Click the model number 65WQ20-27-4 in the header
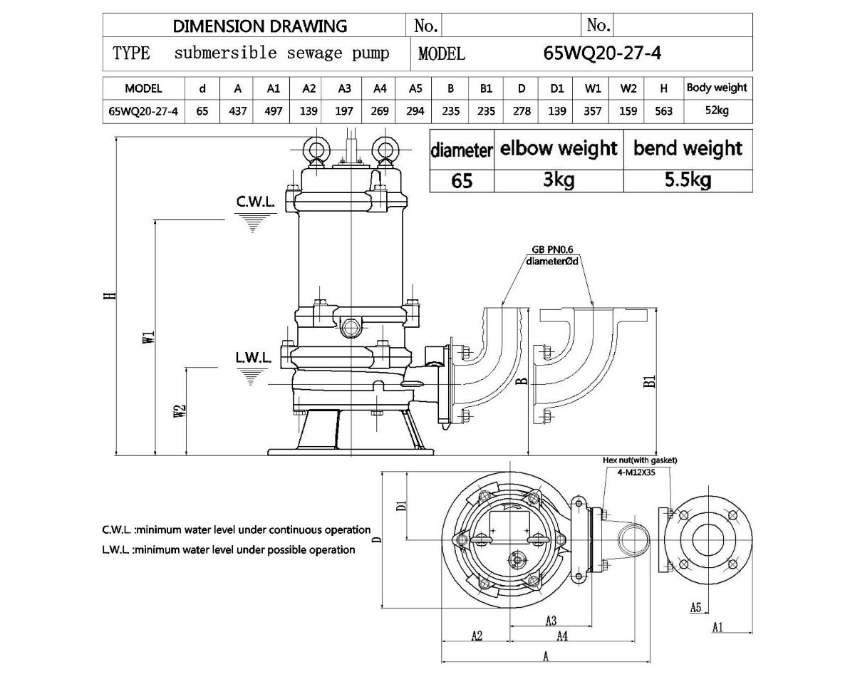[x=602, y=53]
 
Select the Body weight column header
[x=717, y=88]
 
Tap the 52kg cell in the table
[x=717, y=110]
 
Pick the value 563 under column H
[x=663, y=110]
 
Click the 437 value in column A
[x=238, y=110]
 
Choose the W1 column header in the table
[x=593, y=88]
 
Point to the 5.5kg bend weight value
[x=688, y=180]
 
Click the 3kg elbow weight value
[x=559, y=180]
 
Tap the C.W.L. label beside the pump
[x=255, y=202]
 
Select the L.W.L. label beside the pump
[x=254, y=357]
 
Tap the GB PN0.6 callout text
[x=551, y=250]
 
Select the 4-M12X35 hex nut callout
[x=638, y=471]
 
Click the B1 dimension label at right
[x=649, y=381]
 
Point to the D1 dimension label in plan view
[x=401, y=505]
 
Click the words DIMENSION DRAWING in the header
[x=260, y=26]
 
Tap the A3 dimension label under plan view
[x=551, y=620]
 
